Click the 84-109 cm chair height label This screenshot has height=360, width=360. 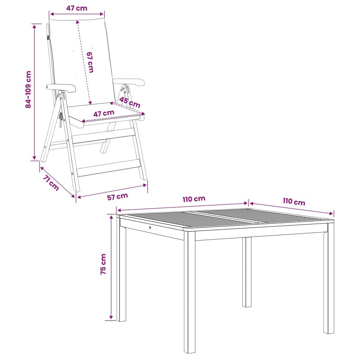coord(28,89)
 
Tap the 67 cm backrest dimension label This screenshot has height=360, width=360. coord(90,62)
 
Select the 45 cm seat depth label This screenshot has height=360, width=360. coord(129,102)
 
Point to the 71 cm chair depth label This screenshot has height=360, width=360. coord(51,183)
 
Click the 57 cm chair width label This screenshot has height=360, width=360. coord(117,197)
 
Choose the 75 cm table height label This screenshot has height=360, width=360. coord(103,264)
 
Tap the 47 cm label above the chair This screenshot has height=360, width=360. coord(77,8)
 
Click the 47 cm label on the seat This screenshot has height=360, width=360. coord(104,114)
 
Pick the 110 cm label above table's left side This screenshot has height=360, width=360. coord(194,199)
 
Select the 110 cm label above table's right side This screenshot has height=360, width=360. coord(294,201)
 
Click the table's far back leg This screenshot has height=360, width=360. coord(247,272)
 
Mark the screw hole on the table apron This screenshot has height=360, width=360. coord(150,227)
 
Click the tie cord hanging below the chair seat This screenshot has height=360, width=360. coord(60,120)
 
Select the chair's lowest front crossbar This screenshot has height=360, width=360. coord(109,168)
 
